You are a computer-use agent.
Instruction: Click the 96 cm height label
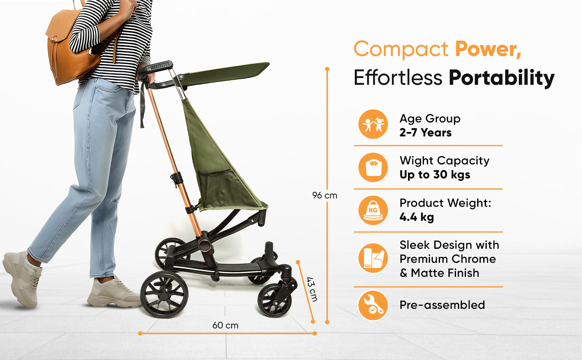[324, 195]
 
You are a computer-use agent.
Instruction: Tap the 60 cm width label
[225, 325]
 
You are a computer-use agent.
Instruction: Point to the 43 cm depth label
[312, 289]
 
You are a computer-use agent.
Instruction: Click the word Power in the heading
[488, 49]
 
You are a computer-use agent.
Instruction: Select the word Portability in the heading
[502, 78]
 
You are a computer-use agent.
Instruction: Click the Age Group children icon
[373, 124]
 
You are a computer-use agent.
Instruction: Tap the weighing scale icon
[373, 167]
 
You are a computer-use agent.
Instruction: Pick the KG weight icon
[373, 210]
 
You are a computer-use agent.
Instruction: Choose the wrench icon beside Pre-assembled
[373, 306]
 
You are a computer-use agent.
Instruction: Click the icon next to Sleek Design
[373, 258]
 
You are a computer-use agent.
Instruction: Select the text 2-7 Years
[425, 132]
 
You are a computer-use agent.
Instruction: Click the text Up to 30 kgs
[435, 174]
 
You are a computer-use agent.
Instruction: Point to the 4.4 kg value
[417, 217]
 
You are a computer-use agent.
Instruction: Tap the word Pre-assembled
[442, 305]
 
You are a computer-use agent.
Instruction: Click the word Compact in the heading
[401, 49]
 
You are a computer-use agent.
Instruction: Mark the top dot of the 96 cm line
[327, 69]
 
